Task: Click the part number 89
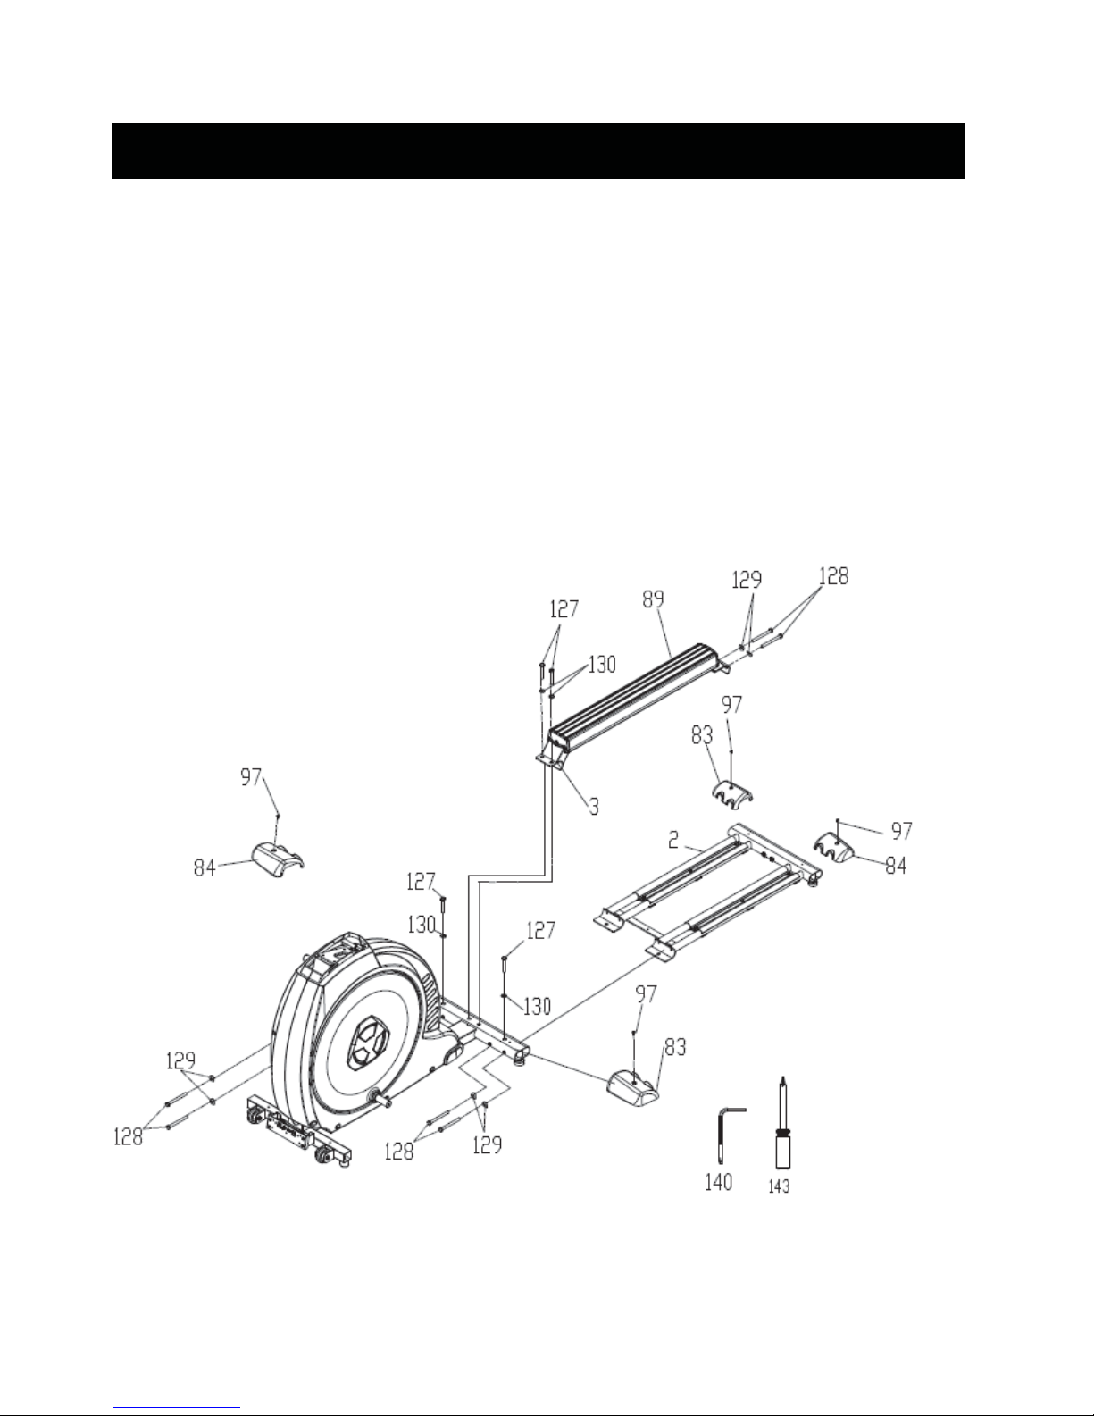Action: (x=653, y=599)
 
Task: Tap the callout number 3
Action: (x=594, y=806)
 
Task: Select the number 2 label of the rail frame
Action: (x=673, y=840)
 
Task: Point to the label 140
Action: (x=718, y=1181)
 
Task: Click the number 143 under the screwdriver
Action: (x=779, y=1186)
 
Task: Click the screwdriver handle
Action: (x=782, y=1151)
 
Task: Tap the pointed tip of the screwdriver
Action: (x=782, y=1077)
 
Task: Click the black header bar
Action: (x=538, y=150)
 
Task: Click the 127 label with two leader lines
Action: (x=564, y=609)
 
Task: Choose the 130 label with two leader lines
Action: (x=602, y=665)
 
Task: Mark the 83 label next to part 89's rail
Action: (x=702, y=735)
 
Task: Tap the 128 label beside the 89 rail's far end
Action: (x=833, y=576)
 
